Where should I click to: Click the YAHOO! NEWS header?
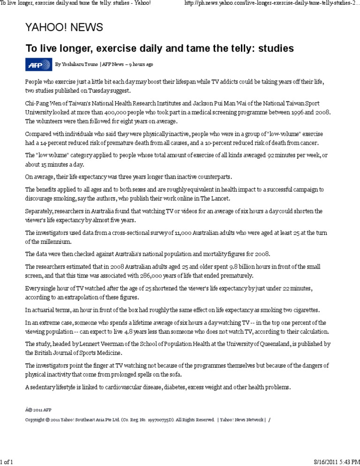(x=64, y=27)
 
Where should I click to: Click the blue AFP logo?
(x=38, y=64)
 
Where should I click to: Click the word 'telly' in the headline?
(x=250, y=49)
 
